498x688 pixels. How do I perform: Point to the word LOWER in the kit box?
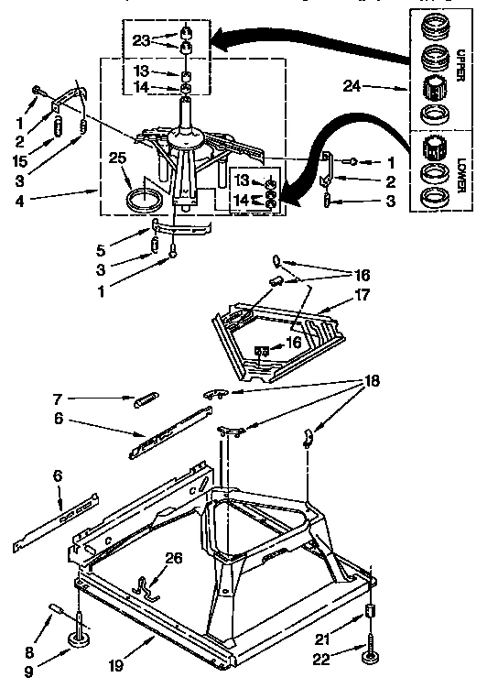462,171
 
